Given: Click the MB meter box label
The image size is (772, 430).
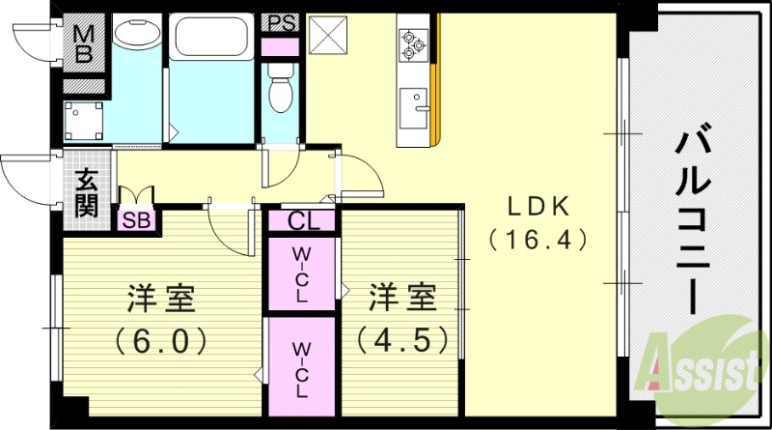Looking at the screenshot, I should [84, 44].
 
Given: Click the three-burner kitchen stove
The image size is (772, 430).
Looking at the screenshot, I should [415, 43].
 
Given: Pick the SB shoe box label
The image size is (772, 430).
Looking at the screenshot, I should [136, 220].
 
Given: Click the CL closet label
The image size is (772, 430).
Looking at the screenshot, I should [302, 221].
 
